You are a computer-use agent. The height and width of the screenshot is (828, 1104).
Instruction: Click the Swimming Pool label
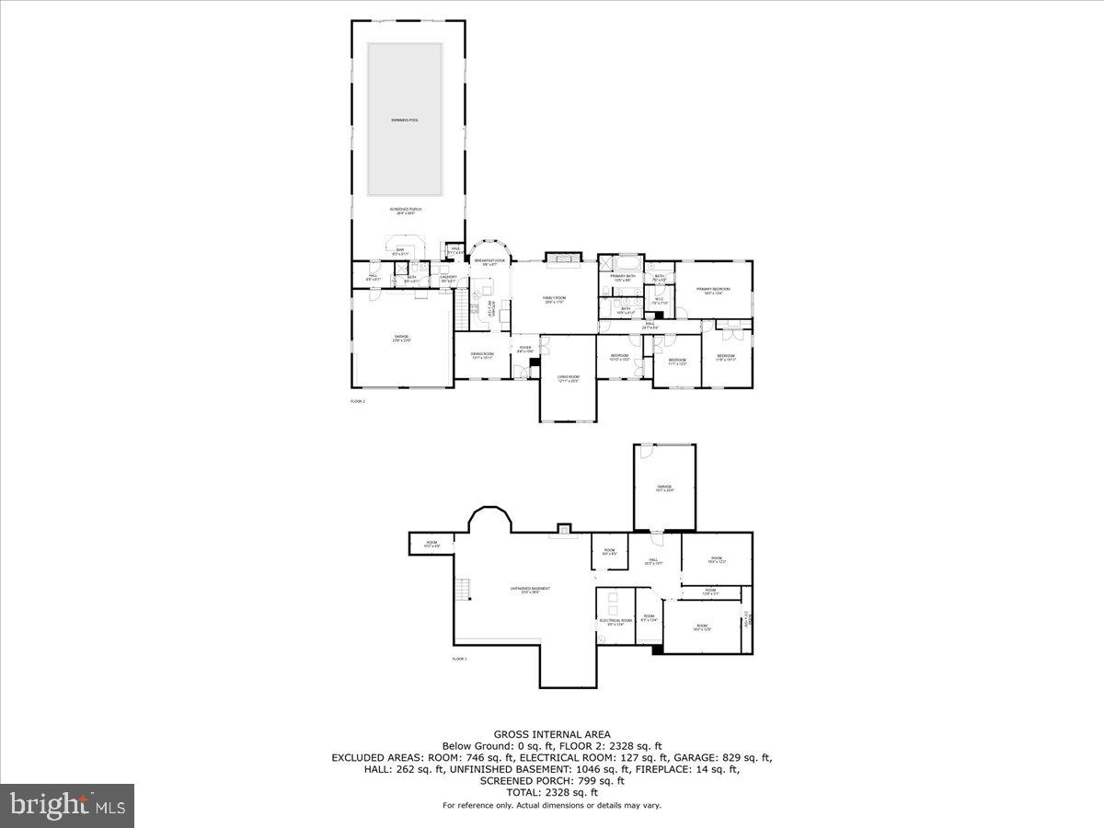(x=404, y=121)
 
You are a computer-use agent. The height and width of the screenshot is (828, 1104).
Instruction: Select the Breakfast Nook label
(x=489, y=262)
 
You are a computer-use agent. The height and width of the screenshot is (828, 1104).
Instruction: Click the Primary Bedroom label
(x=713, y=292)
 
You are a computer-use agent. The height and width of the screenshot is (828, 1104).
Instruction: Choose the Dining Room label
(x=482, y=355)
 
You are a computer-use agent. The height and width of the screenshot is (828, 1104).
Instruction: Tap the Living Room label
(x=568, y=378)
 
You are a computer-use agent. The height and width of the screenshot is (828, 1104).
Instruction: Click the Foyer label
(x=524, y=349)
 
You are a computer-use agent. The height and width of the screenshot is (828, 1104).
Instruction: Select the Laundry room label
(x=448, y=278)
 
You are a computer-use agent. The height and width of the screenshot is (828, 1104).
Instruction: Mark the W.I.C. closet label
(x=659, y=300)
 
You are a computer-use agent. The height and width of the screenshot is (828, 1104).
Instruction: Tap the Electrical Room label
(x=615, y=622)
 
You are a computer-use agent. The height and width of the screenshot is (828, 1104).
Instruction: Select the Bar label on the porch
(x=400, y=251)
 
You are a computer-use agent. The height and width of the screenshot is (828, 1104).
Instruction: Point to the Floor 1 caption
(x=460, y=660)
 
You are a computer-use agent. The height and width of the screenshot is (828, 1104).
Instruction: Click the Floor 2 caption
(x=358, y=401)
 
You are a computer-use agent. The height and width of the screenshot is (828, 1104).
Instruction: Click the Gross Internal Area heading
(x=552, y=734)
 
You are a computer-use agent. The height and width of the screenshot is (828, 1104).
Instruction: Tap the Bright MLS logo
(x=67, y=806)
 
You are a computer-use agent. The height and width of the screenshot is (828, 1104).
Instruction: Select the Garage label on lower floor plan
(x=664, y=489)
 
